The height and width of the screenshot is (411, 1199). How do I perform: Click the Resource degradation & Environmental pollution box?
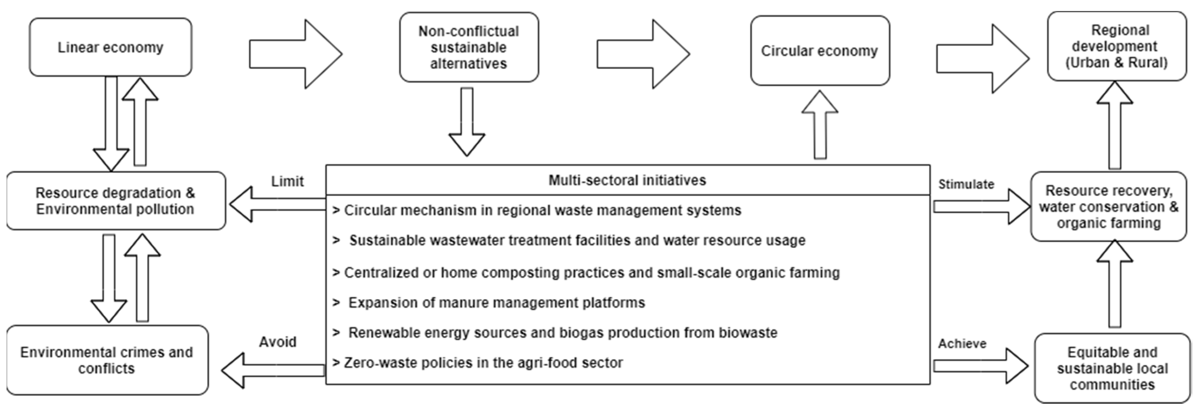tap(115, 201)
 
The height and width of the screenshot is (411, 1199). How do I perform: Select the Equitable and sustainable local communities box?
tap(1112, 368)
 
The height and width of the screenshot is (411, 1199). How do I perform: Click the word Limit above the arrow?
tap(287, 181)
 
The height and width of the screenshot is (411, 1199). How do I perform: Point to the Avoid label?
tap(278, 342)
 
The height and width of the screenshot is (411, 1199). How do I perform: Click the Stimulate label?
tap(966, 184)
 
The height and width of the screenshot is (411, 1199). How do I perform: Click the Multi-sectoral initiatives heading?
tap(627, 180)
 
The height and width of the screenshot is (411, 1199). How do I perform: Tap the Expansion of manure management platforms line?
tap(496, 302)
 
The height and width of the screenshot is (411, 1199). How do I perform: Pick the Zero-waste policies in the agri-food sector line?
tap(483, 363)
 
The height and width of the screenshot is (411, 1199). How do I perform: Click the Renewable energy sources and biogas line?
tap(562, 332)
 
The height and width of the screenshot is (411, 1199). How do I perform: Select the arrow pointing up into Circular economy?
tap(820, 125)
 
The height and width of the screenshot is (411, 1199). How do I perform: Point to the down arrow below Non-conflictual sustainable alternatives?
tap(467, 122)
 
